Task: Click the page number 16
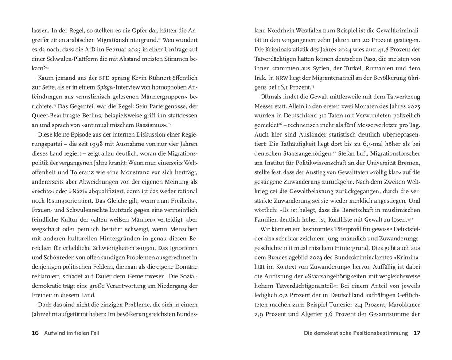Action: coord(35,333)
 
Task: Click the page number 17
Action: coord(416,333)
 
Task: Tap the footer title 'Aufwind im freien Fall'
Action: coord(72,333)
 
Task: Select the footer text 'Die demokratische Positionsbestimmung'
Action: coord(356,333)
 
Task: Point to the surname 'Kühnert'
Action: coord(156,78)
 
